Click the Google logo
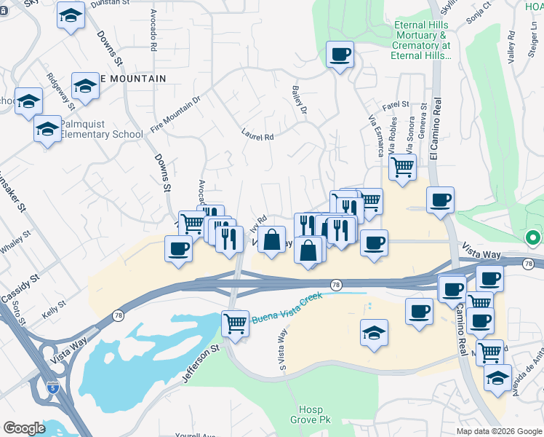click(x=25, y=428)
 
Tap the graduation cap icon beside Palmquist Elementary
click(x=47, y=130)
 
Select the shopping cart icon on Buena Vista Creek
click(x=235, y=323)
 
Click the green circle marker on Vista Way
click(x=532, y=237)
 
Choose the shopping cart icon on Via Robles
click(x=402, y=167)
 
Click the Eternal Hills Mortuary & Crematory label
click(x=423, y=40)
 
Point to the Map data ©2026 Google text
click(x=497, y=431)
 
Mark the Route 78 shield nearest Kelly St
click(x=118, y=315)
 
